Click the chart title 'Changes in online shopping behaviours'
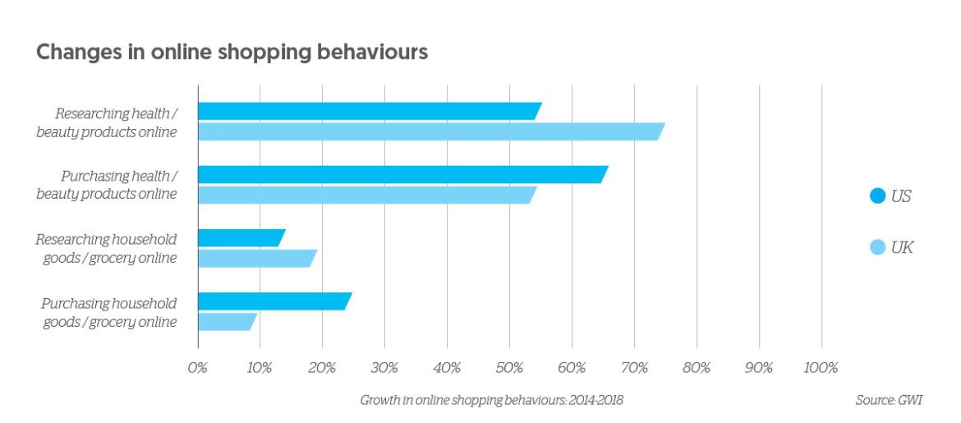pyautogui.click(x=231, y=53)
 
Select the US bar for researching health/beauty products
pyautogui.click(x=368, y=111)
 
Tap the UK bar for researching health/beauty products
pyautogui.click(x=430, y=131)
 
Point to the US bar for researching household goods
pyautogui.click(x=240, y=237)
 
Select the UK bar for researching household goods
pyautogui.click(x=255, y=258)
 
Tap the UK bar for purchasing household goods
pyautogui.click(x=226, y=321)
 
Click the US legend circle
pyautogui.click(x=877, y=196)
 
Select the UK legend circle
pyautogui.click(x=877, y=247)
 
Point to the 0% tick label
pyautogui.click(x=198, y=367)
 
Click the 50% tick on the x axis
pyautogui.click(x=509, y=367)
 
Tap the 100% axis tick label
pyautogui.click(x=821, y=367)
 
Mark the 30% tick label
pyautogui.click(x=384, y=367)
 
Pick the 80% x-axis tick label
pyautogui.click(x=697, y=367)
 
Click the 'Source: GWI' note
pyautogui.click(x=889, y=400)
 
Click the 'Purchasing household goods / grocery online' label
pyautogui.click(x=109, y=312)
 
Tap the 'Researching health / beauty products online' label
pyautogui.click(x=106, y=122)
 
